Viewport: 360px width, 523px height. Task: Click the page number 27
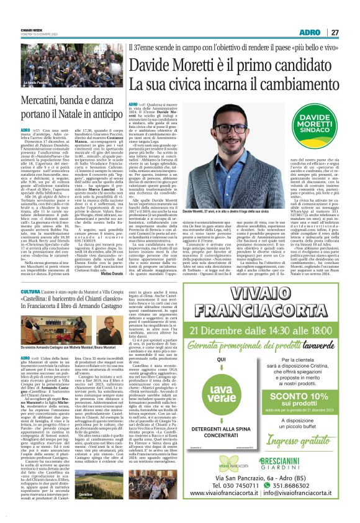point(335,32)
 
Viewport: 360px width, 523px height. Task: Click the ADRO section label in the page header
point(309,32)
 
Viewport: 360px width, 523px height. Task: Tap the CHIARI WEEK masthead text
point(30,27)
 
